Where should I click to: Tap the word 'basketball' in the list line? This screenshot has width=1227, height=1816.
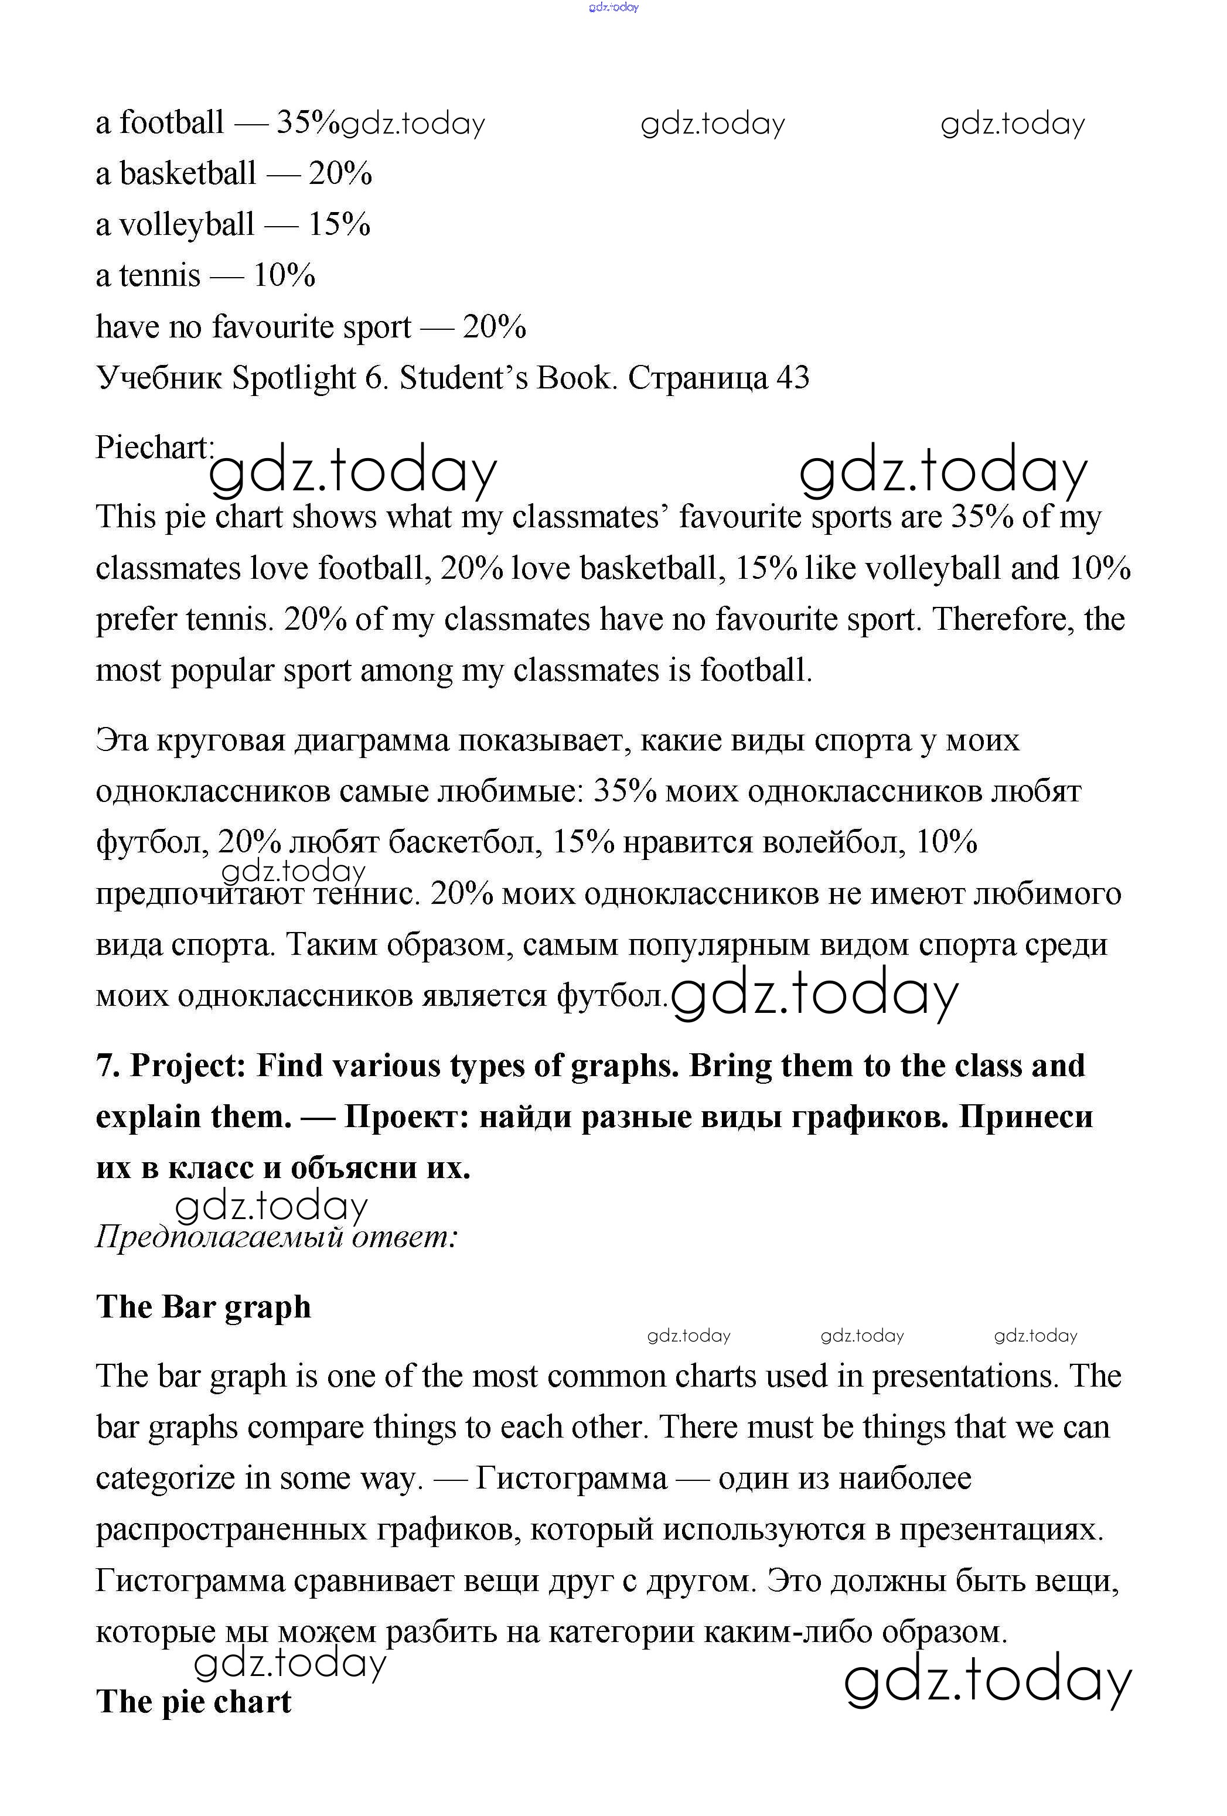(x=188, y=173)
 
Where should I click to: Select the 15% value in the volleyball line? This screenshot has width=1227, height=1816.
(x=339, y=224)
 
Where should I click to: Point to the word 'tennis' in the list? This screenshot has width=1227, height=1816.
(x=159, y=275)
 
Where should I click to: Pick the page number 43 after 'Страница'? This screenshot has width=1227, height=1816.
(x=792, y=378)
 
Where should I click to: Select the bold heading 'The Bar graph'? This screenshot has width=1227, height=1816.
(x=203, y=1306)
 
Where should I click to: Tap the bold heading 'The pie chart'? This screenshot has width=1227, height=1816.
(x=193, y=1702)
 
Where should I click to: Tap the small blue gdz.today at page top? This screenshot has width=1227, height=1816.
(x=613, y=7)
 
